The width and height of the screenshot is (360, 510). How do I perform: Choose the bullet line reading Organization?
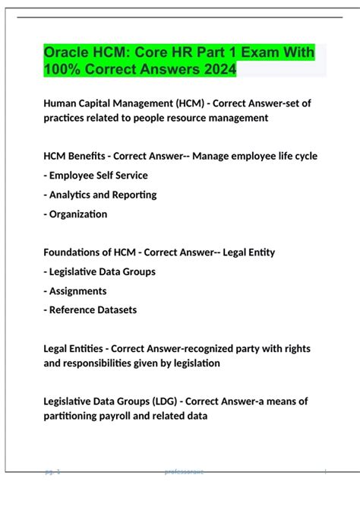tap(76, 214)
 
